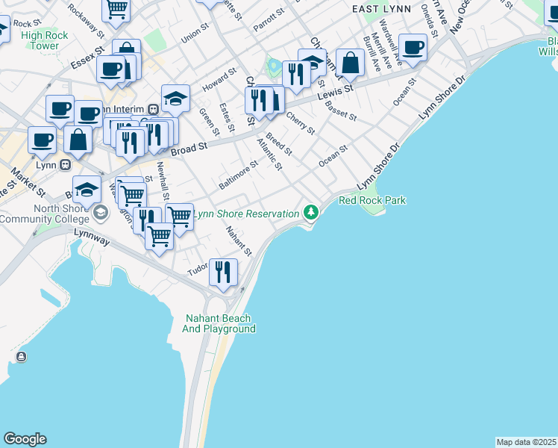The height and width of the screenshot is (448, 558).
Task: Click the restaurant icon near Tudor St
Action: pos(222,272)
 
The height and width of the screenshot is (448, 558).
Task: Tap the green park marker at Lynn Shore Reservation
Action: pos(311,214)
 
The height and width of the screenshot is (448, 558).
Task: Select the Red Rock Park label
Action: pos(372,200)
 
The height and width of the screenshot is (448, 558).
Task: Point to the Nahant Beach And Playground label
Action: pos(220,323)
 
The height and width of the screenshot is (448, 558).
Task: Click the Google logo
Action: pos(25,439)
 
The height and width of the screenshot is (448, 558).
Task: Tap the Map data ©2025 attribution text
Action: pos(526,442)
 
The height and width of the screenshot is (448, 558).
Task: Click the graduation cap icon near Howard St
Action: pos(175,98)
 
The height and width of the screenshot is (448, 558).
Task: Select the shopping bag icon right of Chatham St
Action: pos(349,63)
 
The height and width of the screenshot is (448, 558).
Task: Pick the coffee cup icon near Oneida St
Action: pos(412,48)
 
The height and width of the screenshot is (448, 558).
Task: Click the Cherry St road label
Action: pos(301,123)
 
